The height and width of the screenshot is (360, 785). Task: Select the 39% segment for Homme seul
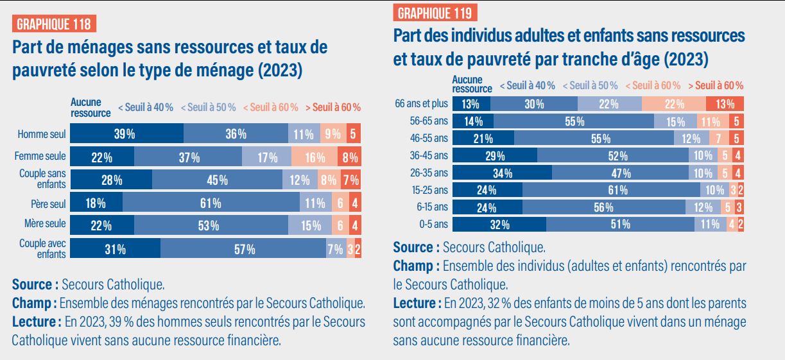pyautogui.click(x=126, y=134)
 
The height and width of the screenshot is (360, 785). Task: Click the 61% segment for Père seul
pyautogui.click(x=211, y=203)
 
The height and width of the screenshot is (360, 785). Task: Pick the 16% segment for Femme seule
pyautogui.click(x=315, y=157)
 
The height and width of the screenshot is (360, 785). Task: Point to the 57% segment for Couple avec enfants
pyautogui.click(x=243, y=249)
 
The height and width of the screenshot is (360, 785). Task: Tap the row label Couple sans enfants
pyautogui.click(x=42, y=179)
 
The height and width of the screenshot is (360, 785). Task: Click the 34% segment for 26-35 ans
pyautogui.click(x=502, y=173)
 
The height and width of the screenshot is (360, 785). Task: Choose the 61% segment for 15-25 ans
pyautogui.click(x=611, y=190)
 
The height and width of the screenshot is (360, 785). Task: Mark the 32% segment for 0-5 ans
pyautogui.click(x=499, y=225)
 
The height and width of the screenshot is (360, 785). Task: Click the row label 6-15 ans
pyautogui.click(x=433, y=207)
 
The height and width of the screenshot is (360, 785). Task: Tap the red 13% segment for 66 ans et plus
pyautogui.click(x=725, y=104)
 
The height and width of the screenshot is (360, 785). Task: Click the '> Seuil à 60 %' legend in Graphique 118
pyautogui.click(x=332, y=107)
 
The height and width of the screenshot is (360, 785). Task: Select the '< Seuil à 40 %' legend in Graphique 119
pyautogui.click(x=527, y=85)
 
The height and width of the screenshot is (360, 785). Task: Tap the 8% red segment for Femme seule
pyautogui.click(x=350, y=157)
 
